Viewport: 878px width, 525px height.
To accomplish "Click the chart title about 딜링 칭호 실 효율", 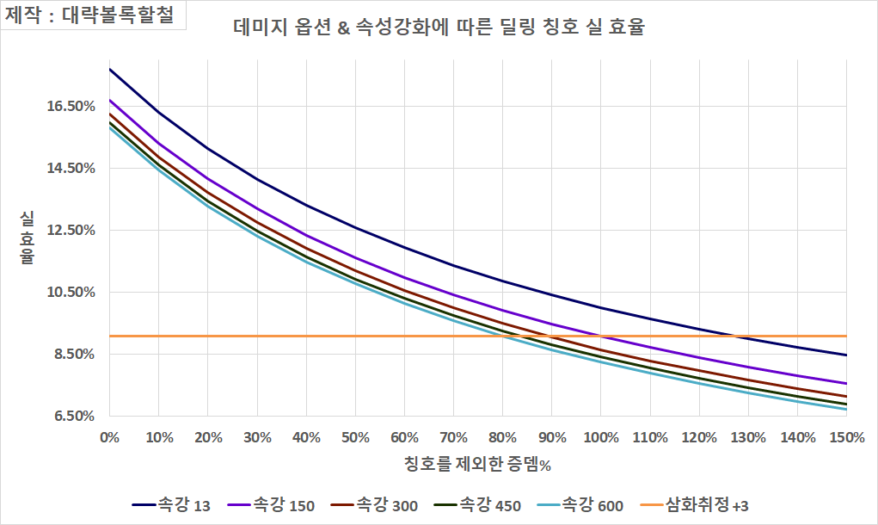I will tap(439, 28).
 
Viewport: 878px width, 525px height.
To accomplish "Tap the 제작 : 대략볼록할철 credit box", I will tap(95, 15).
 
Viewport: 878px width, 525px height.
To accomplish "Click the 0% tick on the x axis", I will tap(109, 437).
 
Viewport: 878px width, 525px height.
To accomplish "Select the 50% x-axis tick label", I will tap(355, 437).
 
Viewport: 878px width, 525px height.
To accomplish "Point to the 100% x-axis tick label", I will tap(601, 437).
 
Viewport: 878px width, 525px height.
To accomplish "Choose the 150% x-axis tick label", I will tap(847, 437).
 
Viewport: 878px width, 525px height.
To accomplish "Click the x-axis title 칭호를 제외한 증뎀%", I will tap(477, 465).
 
